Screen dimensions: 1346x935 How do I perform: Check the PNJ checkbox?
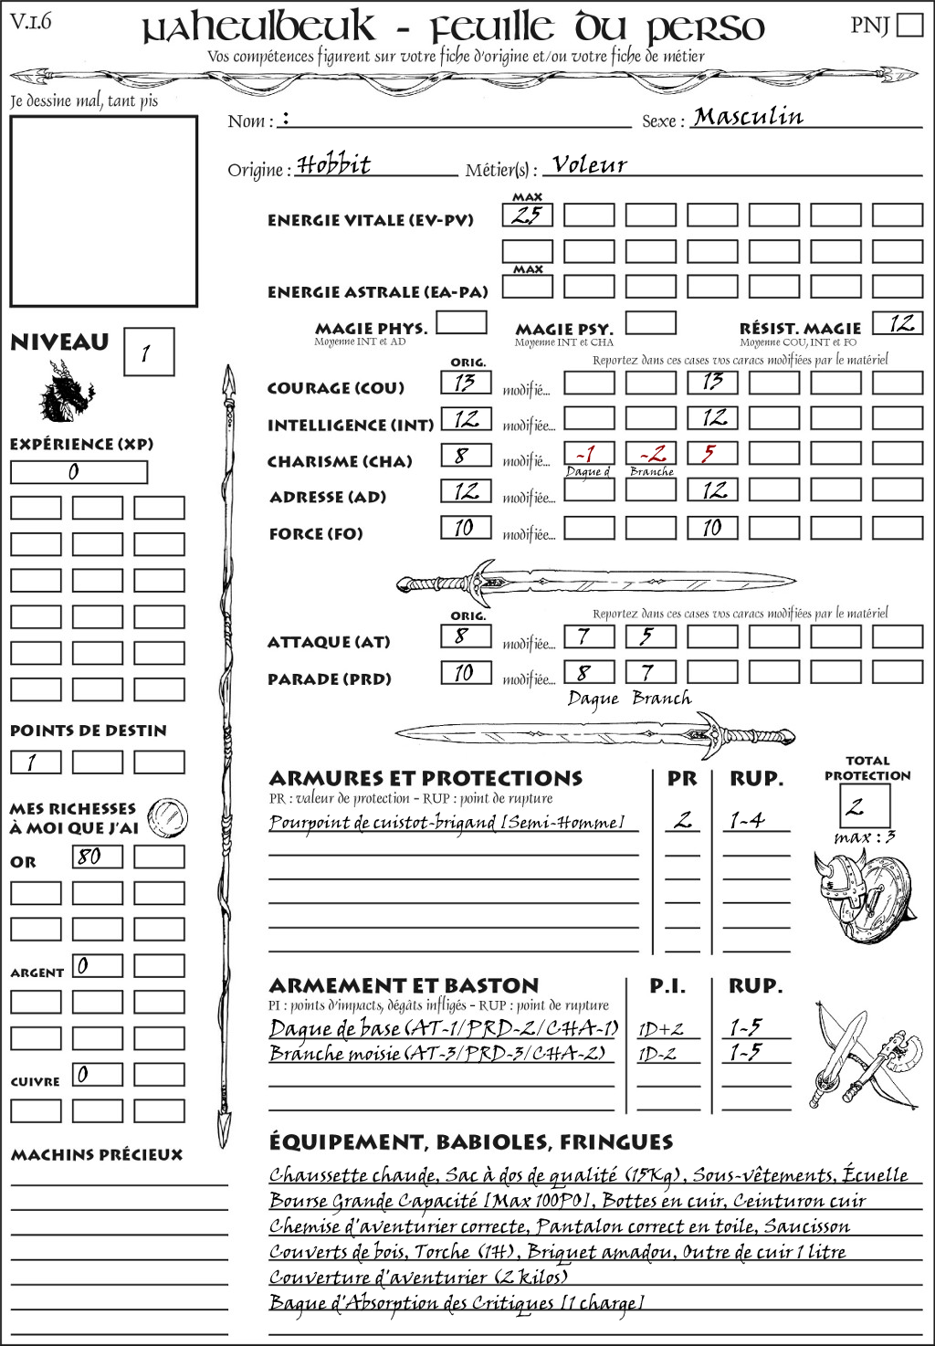tap(909, 25)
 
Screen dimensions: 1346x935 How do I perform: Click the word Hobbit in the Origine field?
tap(334, 165)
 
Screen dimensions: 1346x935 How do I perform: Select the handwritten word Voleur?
tap(590, 165)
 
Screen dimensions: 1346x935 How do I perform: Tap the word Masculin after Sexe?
tap(748, 117)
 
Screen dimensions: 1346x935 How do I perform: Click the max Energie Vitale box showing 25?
tap(527, 216)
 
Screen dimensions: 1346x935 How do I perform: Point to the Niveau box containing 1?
tap(148, 352)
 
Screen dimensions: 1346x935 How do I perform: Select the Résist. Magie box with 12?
tap(898, 323)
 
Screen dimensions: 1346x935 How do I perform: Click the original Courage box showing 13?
tap(466, 383)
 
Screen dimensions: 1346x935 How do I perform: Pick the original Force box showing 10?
tap(466, 528)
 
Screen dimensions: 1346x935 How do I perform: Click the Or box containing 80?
tap(97, 857)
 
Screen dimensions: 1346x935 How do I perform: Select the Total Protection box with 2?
tap(864, 806)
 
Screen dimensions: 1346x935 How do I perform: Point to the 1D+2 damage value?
tap(660, 1029)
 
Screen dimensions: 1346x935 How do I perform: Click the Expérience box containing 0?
tap(79, 472)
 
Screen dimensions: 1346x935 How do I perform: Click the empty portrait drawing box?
tap(104, 211)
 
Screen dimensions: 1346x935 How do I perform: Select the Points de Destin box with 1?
tap(36, 762)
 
